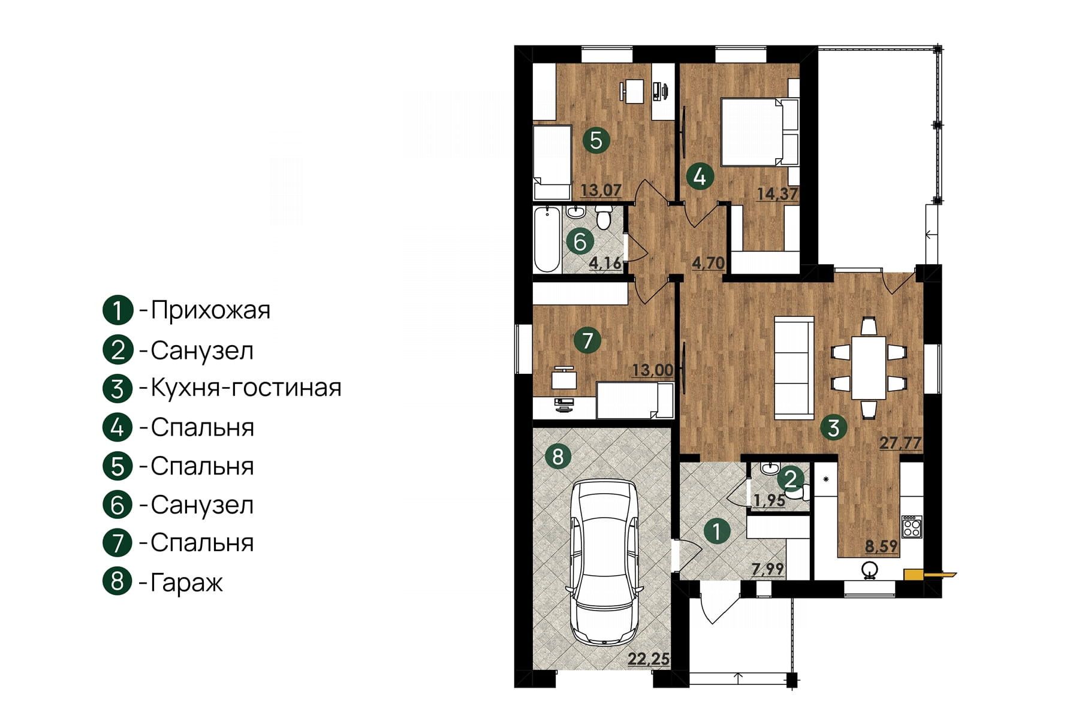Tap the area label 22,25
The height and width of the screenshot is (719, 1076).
coord(649,659)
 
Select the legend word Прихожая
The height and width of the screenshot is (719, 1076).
coord(210,310)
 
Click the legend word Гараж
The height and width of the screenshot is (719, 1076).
coord(186,582)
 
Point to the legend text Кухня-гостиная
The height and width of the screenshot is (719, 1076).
coord(246,388)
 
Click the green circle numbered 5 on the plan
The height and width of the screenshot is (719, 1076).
coord(596,140)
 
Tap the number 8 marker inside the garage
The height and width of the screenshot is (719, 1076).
coord(558,457)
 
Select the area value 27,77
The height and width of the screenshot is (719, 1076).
coord(900,443)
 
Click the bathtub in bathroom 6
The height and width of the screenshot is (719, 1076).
coord(547,239)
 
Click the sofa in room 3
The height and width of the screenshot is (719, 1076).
coord(794,367)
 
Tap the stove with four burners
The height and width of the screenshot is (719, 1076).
coord(912,527)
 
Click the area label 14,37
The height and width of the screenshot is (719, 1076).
coord(777,194)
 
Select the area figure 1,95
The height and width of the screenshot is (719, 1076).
coord(770,500)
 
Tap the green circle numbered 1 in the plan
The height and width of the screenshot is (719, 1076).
coord(718,531)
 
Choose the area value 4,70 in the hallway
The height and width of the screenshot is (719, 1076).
coord(709,262)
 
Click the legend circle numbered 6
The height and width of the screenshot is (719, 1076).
coord(117,504)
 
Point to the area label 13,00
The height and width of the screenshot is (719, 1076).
coord(653,370)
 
